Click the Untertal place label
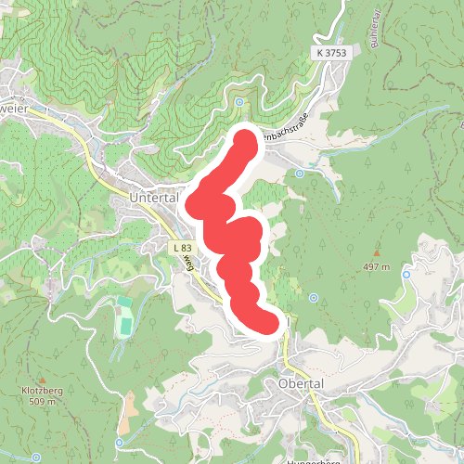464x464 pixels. (152, 199)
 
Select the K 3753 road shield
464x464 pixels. (329, 54)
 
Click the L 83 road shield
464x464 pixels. (181, 248)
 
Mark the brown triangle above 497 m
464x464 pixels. (377, 251)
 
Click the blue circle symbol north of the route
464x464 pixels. (238, 102)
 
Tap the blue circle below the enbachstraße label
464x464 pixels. (300, 173)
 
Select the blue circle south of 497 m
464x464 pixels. (314, 298)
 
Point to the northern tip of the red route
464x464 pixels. (245, 140)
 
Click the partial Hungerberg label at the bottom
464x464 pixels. (312, 459)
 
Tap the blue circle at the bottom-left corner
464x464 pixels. (35, 458)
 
